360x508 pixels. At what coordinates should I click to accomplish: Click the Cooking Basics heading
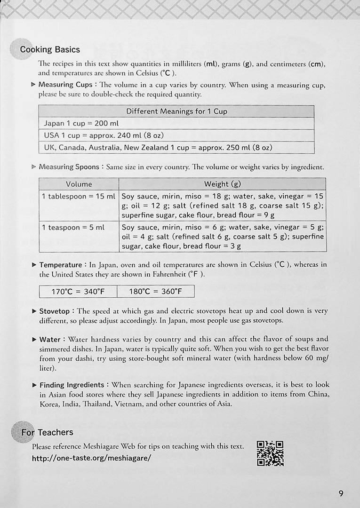coord(50,49)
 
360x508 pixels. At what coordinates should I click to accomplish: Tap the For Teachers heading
coord(48,432)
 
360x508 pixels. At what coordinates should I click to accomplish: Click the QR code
coord(270,453)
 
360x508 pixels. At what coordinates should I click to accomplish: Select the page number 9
coord(341,493)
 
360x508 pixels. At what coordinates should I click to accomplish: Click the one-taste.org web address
coord(92,458)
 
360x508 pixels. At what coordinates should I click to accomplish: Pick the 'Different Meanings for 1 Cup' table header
coord(176,111)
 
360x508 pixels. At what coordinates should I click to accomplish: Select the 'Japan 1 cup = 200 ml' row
coord(81,124)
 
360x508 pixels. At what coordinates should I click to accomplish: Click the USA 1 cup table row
coord(104,135)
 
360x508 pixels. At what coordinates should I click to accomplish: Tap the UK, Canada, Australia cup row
coord(158,148)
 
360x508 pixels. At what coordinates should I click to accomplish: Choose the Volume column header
coord(79,184)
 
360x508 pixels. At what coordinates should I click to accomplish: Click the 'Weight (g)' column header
coord(223,184)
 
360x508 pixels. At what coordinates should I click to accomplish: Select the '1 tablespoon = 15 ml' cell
coord(79,196)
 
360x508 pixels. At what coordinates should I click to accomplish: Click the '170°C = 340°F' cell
coord(78,292)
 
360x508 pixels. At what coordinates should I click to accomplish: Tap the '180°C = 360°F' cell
coord(155,292)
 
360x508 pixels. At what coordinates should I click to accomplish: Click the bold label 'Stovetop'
coord(54,311)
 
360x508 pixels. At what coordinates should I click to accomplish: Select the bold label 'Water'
coord(50,339)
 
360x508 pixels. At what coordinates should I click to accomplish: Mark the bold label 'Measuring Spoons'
coord(69,167)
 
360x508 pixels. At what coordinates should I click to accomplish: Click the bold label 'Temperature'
coord(60,265)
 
